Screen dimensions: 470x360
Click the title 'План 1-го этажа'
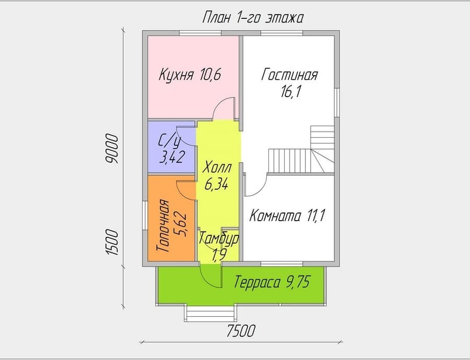pyautogui.click(x=253, y=18)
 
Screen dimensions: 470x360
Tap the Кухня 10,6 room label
pyautogui.click(x=190, y=75)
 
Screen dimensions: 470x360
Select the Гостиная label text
pyautogui.click(x=289, y=75)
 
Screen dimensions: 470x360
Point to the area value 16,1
pyautogui.click(x=290, y=91)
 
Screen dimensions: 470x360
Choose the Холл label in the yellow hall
pyautogui.click(x=217, y=169)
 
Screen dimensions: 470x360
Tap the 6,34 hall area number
pyautogui.click(x=216, y=184)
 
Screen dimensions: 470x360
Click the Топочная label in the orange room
pyautogui.click(x=163, y=226)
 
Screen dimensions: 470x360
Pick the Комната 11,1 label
pyautogui.click(x=287, y=215)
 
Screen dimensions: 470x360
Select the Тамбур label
pyautogui.click(x=219, y=238)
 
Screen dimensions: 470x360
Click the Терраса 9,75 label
pyautogui.click(x=272, y=282)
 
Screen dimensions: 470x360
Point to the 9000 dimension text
pyautogui.click(x=112, y=149)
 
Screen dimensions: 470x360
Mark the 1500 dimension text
pyautogui.click(x=112, y=242)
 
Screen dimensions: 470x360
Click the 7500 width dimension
pyautogui.click(x=241, y=331)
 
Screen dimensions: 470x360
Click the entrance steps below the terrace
pyautogui.click(x=210, y=313)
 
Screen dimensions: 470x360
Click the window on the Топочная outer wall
pyautogui.click(x=145, y=215)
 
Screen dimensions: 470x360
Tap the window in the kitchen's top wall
pyautogui.click(x=200, y=33)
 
